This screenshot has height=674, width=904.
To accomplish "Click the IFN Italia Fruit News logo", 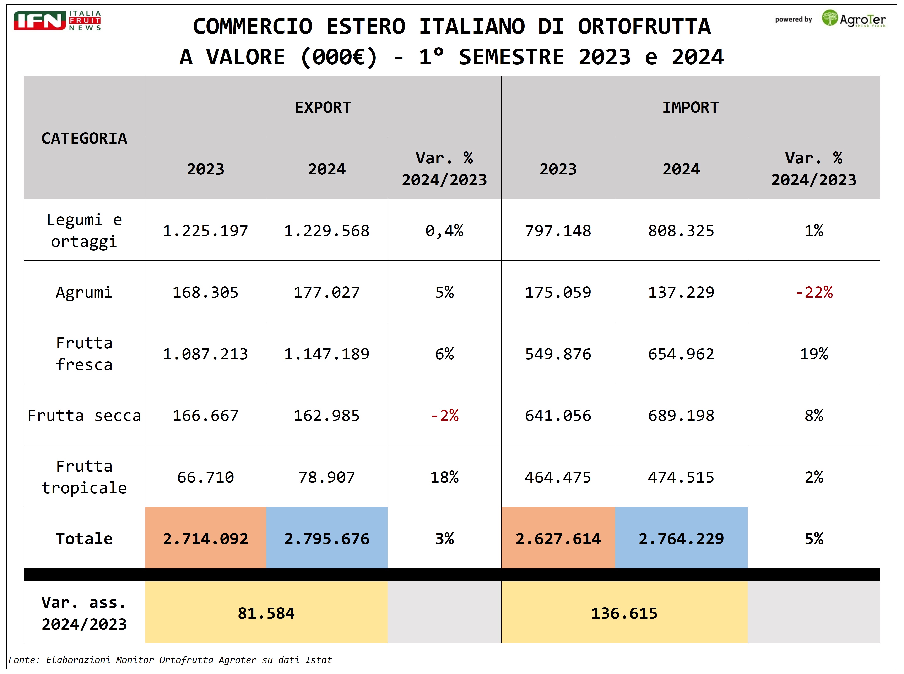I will pyautogui.click(x=57, y=20).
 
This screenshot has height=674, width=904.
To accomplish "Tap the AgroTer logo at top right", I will pyautogui.click(x=853, y=19).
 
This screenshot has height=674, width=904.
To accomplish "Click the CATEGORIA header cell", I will pyautogui.click(x=84, y=138).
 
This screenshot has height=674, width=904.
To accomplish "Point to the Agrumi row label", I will pyautogui.click(x=84, y=292).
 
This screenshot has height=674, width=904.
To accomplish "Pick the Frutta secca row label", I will pyautogui.click(x=84, y=415).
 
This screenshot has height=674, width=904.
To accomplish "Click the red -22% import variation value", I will pyautogui.click(x=814, y=292).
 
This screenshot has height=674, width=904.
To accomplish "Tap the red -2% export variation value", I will pyautogui.click(x=444, y=415).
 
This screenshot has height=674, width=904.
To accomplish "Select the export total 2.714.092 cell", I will pyautogui.click(x=205, y=539).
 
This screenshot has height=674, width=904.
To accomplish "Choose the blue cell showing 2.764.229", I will pyautogui.click(x=681, y=539).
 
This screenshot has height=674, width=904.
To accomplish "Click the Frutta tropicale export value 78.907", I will pyautogui.click(x=327, y=477).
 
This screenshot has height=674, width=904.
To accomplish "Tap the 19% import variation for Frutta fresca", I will pyautogui.click(x=814, y=354).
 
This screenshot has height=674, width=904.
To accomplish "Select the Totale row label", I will pyautogui.click(x=84, y=539).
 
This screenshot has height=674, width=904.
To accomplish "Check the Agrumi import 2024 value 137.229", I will pyautogui.click(x=681, y=292).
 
